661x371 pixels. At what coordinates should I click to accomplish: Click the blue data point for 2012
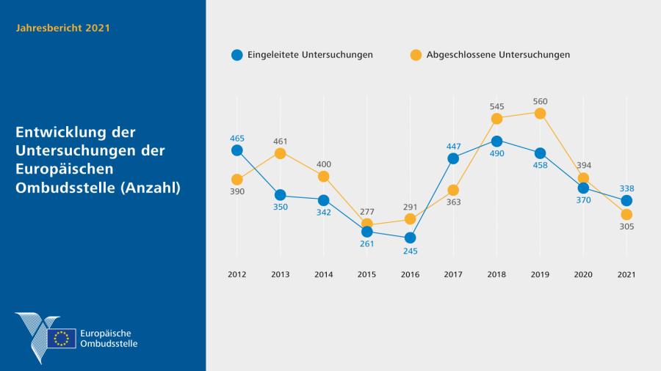236,150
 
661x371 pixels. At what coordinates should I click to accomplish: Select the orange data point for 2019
540,113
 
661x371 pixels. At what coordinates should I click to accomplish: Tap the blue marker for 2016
410,238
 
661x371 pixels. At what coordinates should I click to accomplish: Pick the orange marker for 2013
280,153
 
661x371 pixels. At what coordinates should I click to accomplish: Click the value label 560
540,101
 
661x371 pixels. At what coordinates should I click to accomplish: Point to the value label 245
410,251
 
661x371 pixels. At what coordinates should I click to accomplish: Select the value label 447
453,146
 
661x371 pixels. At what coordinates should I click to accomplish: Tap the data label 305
626,227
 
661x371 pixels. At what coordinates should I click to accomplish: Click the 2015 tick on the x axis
366,274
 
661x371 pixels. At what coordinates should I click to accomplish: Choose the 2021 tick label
626,274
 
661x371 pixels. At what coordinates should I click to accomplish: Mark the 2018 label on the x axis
496,274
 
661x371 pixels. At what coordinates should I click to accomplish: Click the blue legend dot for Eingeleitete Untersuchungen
236,55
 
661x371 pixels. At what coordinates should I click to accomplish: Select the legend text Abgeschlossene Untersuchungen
498,55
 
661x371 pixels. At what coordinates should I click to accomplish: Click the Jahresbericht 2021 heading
63,28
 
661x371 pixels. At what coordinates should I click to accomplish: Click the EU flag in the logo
62,338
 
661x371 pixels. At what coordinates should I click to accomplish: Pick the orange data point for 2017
453,191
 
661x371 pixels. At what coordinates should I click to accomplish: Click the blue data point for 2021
626,201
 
